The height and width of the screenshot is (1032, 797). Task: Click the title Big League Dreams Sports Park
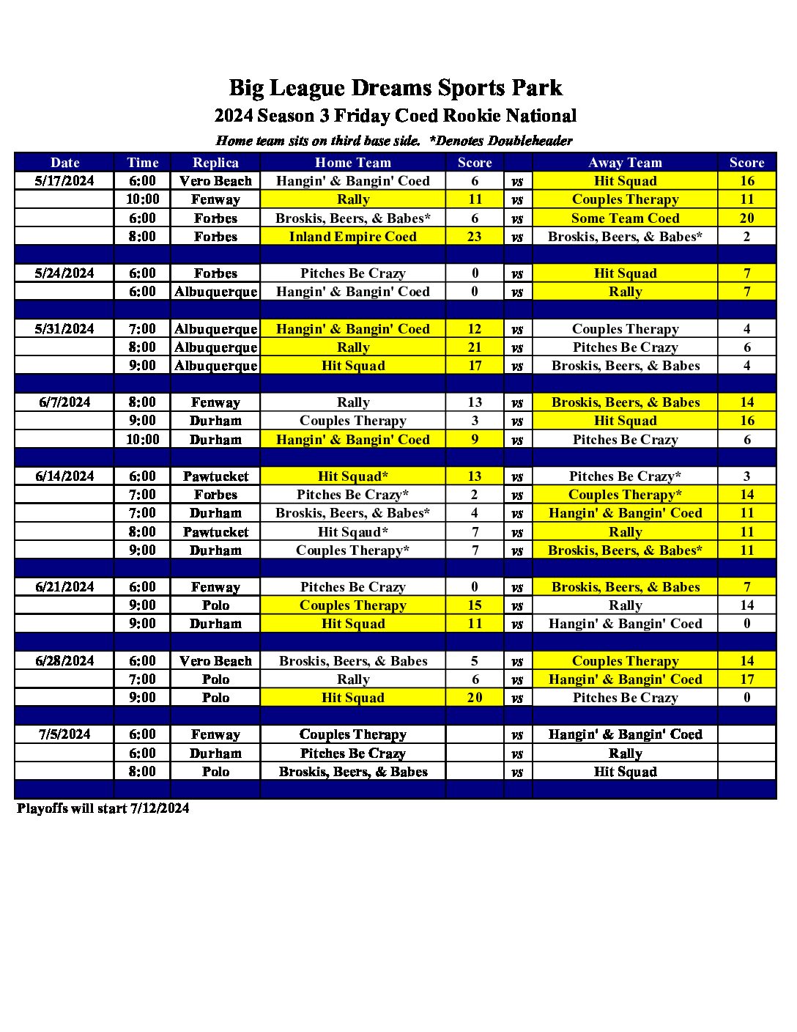click(x=396, y=88)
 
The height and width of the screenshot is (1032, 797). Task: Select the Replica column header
click(x=215, y=163)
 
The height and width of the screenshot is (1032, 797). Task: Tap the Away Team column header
click(x=625, y=163)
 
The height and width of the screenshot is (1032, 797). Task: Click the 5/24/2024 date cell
click(x=64, y=273)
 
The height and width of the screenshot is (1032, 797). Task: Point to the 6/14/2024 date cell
click(x=64, y=476)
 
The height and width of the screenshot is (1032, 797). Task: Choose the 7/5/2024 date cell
click(x=64, y=734)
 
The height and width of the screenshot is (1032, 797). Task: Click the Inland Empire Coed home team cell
click(x=352, y=237)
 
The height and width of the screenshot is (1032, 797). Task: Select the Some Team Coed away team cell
click(x=625, y=218)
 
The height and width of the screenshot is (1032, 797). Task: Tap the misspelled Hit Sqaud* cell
click(x=352, y=532)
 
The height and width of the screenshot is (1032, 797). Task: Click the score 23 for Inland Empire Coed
click(x=475, y=237)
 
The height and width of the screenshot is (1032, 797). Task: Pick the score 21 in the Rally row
click(x=475, y=347)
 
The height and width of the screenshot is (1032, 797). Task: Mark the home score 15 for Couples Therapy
click(x=475, y=605)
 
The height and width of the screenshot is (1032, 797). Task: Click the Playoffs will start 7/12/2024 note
click(x=103, y=808)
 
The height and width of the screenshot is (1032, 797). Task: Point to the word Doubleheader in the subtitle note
click(x=530, y=141)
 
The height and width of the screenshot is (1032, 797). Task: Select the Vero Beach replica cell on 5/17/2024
click(x=215, y=181)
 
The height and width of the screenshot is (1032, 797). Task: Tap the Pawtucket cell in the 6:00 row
click(x=215, y=476)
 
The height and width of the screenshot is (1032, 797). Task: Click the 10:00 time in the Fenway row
click(x=143, y=199)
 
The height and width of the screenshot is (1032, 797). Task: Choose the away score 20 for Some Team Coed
click(x=746, y=218)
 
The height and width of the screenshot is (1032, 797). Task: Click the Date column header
click(x=64, y=163)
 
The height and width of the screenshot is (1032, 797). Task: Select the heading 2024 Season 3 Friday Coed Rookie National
click(x=396, y=116)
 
